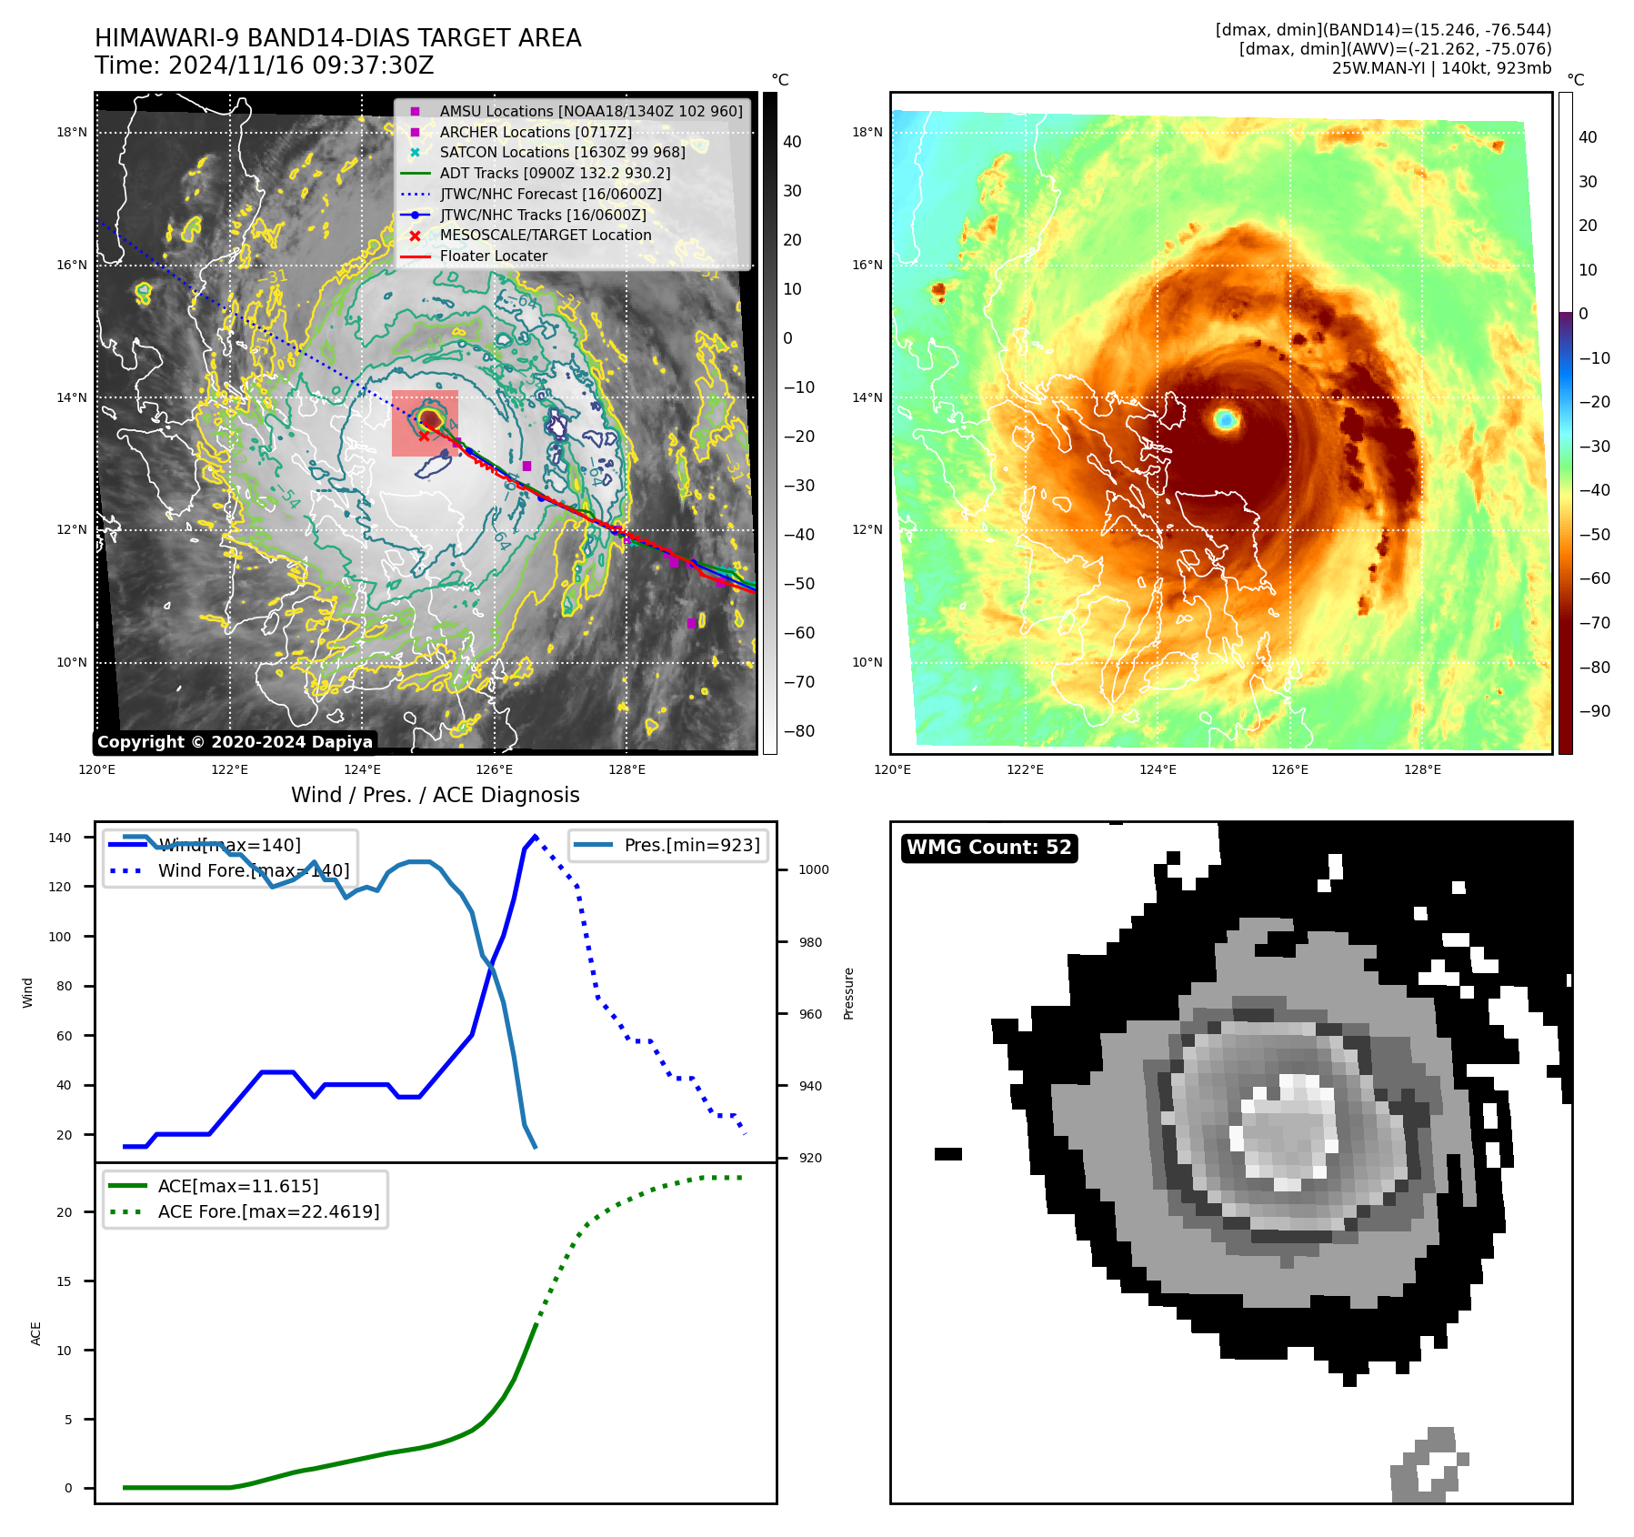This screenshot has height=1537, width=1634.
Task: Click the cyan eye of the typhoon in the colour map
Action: point(1226,419)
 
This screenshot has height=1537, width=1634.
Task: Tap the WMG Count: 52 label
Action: point(988,848)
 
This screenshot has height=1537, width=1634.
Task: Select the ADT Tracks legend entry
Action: point(555,173)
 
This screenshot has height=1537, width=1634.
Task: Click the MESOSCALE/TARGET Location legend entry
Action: point(546,235)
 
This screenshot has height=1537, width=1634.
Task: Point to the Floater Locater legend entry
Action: point(493,256)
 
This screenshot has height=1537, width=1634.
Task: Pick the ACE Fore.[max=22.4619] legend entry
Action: point(268,1211)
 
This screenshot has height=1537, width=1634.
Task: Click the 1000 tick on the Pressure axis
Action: point(813,869)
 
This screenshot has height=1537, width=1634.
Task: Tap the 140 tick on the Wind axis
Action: point(60,838)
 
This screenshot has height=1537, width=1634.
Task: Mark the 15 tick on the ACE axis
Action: point(64,1281)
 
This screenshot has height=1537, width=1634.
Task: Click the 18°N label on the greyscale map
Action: point(72,132)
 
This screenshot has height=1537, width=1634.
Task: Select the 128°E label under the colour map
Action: point(1422,769)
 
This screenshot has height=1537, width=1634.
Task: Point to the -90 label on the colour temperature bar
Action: point(1594,711)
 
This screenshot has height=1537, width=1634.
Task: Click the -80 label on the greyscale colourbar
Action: point(799,731)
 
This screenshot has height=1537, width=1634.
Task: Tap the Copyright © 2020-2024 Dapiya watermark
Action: point(235,742)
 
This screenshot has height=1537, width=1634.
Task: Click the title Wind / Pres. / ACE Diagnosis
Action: point(435,795)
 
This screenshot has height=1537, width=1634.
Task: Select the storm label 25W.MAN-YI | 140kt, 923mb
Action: point(1441,68)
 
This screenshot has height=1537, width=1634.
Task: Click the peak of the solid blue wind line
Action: point(535,836)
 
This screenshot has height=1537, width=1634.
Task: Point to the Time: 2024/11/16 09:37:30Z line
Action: point(264,65)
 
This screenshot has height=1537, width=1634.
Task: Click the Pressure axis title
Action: point(848,993)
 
